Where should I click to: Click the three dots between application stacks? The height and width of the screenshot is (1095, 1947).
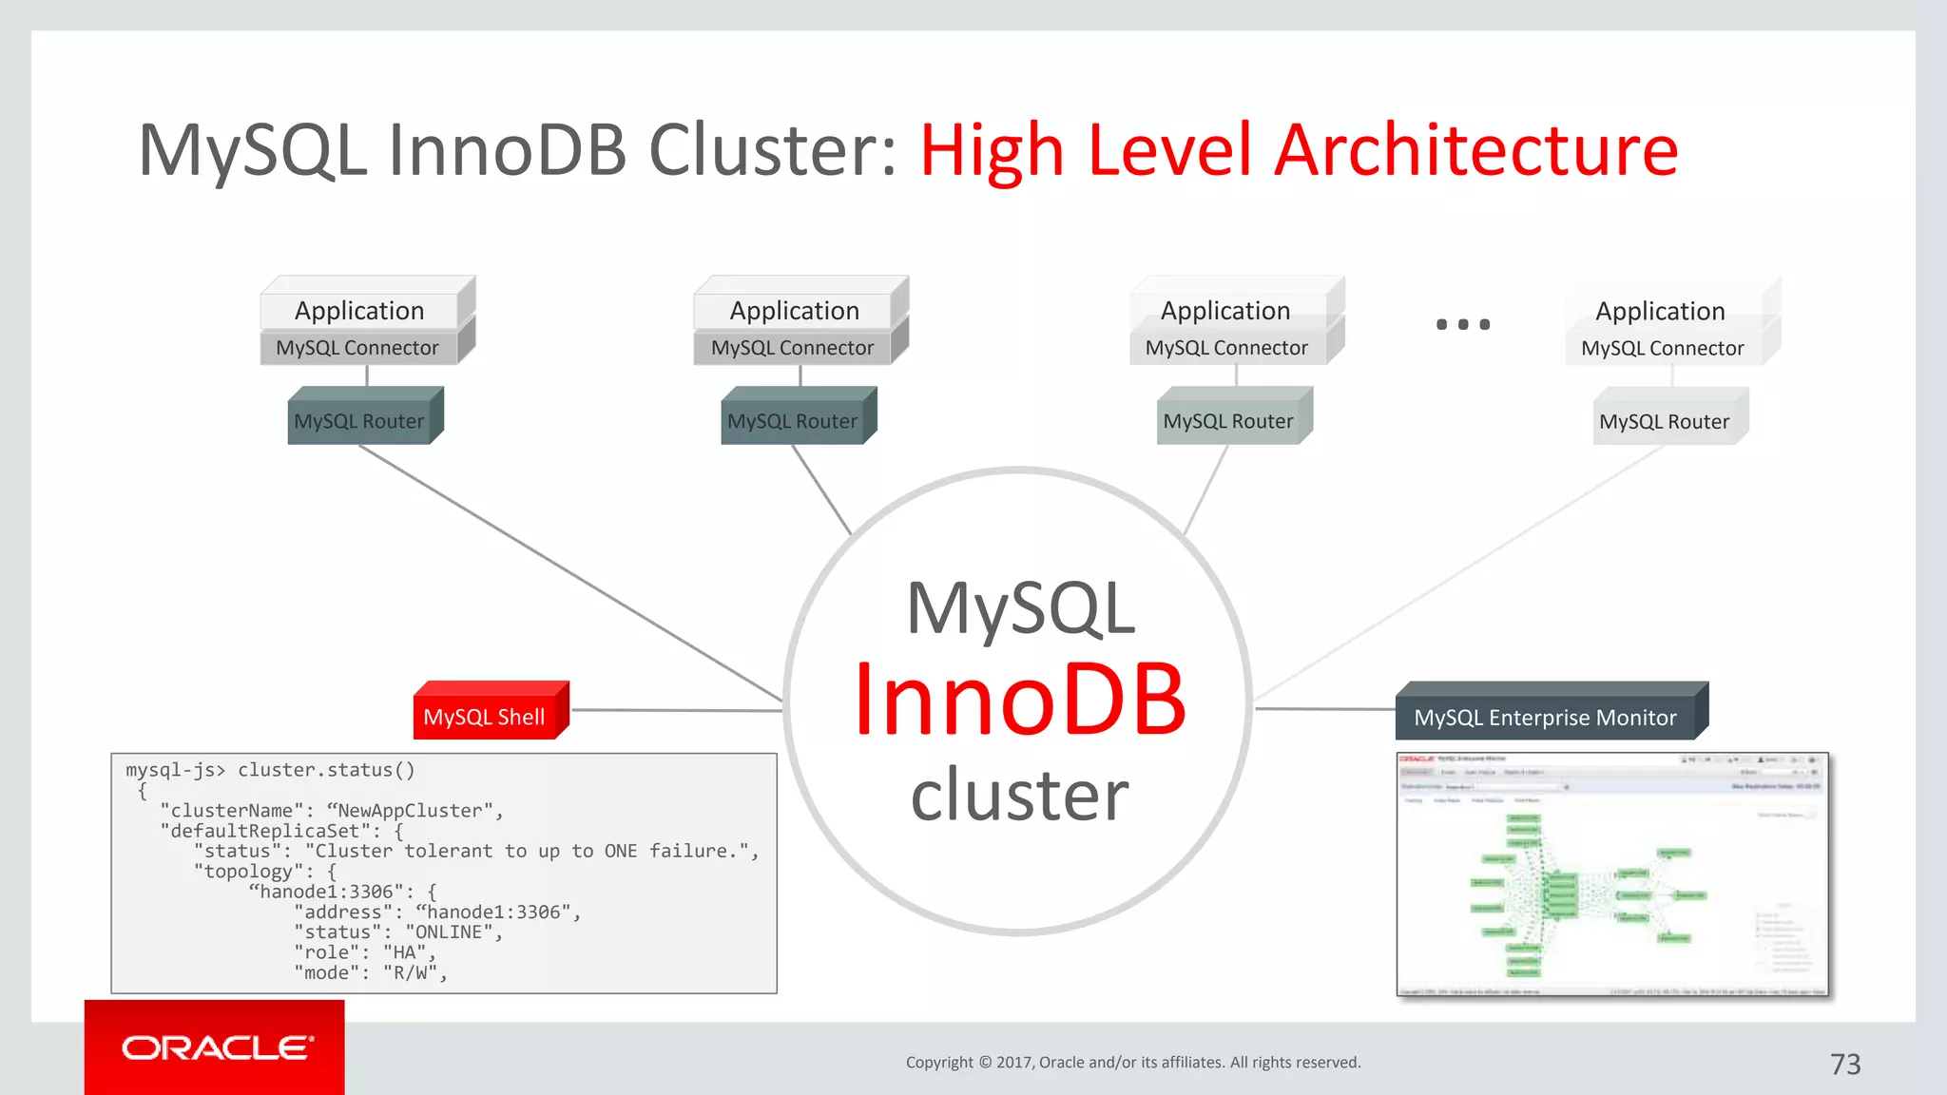[1462, 324]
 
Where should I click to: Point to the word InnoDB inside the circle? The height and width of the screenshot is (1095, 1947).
[1019, 701]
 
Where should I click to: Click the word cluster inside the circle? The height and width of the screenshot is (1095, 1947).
[1019, 796]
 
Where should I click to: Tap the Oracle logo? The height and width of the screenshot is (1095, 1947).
[216, 1047]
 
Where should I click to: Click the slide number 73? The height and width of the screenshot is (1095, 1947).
[1844, 1064]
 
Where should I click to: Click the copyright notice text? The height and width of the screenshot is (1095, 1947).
[1132, 1062]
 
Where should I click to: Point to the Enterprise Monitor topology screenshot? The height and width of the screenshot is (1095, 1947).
[1611, 874]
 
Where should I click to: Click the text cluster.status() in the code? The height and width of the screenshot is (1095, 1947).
[326, 770]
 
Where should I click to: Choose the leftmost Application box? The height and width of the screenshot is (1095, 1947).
[359, 311]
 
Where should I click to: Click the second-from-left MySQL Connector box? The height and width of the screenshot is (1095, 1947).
[792, 348]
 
